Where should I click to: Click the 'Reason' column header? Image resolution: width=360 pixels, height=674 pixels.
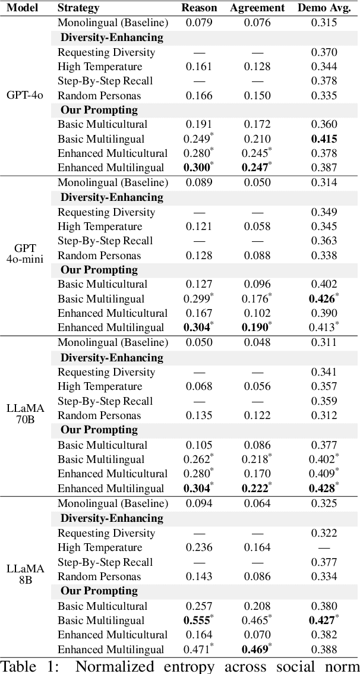[x=199, y=8]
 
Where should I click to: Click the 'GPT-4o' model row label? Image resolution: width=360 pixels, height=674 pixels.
[x=24, y=95]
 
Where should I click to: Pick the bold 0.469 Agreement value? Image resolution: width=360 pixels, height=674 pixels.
[x=257, y=650]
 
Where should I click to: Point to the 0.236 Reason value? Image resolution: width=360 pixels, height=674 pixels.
[x=199, y=547]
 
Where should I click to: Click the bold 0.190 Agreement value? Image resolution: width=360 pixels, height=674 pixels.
[x=257, y=327]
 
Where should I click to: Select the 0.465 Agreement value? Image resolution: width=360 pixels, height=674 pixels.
[x=257, y=621]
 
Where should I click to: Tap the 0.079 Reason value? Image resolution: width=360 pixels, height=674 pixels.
[x=199, y=23]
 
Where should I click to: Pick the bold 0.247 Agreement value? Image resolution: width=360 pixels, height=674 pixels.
[x=257, y=168]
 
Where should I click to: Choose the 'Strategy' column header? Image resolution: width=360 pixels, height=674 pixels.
[x=78, y=8]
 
